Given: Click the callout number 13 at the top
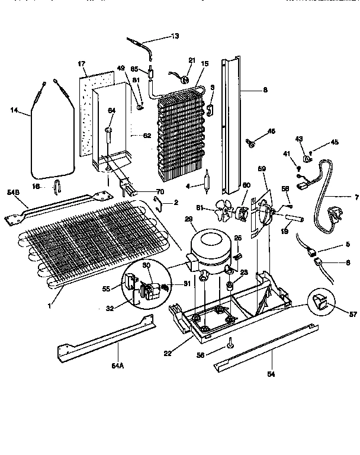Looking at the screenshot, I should pos(175,37).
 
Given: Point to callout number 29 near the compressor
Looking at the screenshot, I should pos(189,220).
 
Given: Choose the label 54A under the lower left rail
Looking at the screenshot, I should pos(117,366).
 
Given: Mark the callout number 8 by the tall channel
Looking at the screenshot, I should pos(265,91).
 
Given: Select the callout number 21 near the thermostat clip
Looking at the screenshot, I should pos(191,61).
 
